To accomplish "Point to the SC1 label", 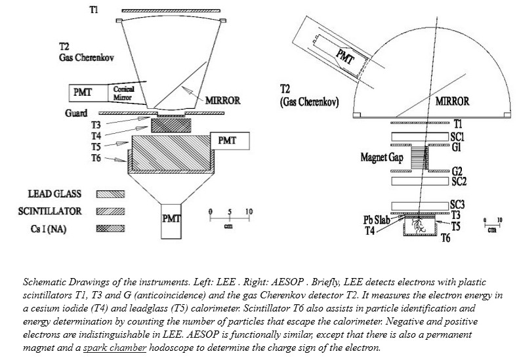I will [457, 136].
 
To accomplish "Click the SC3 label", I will [457, 205].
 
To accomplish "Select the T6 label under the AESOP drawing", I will [445, 239].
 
